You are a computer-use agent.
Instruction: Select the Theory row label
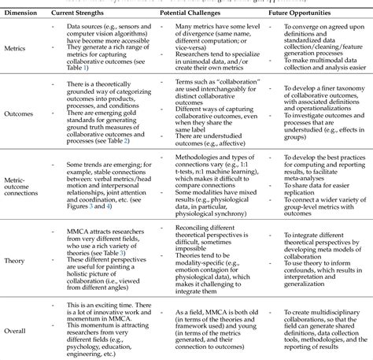[x=18, y=257]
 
